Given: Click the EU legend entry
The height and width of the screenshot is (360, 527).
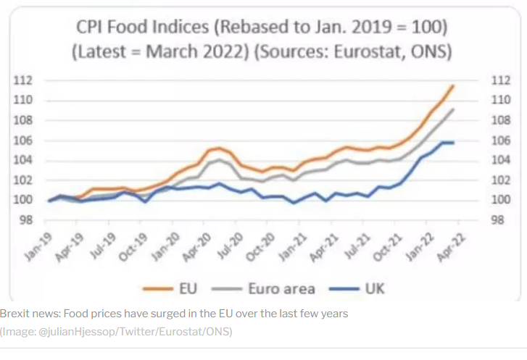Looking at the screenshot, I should (184, 289).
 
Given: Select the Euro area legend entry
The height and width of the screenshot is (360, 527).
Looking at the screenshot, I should (282, 289).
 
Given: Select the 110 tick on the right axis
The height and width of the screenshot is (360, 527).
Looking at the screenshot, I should (499, 100).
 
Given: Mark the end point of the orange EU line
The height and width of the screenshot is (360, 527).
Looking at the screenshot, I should (453, 85).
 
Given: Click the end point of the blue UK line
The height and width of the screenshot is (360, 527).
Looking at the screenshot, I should (453, 143).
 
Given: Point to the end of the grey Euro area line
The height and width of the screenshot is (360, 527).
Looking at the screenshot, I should (453, 110).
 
